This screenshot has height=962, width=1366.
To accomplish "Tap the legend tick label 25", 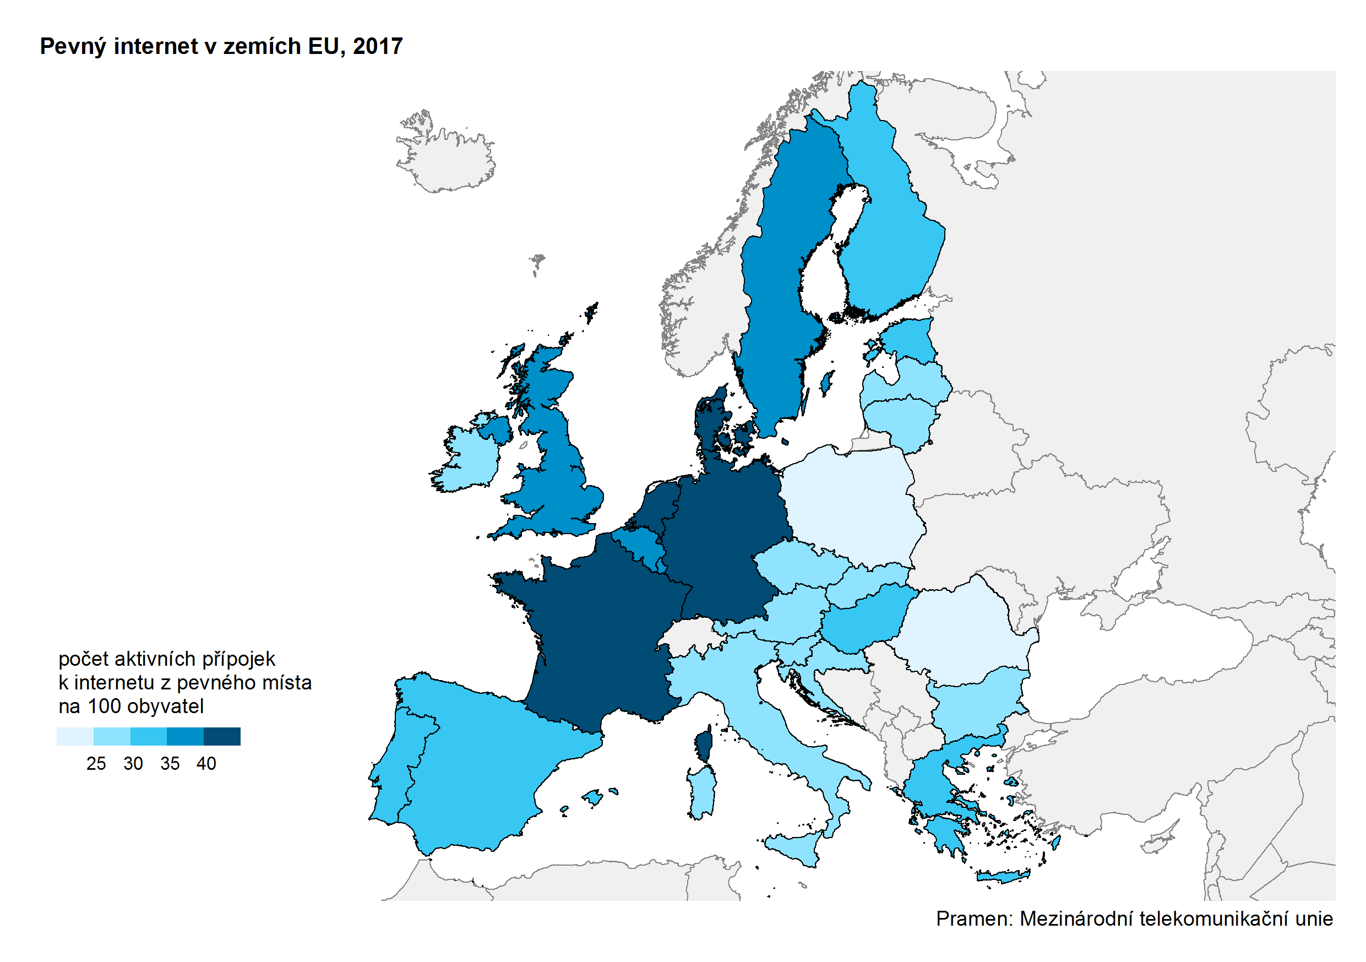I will (96, 764).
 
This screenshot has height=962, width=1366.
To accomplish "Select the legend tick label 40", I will (206, 764).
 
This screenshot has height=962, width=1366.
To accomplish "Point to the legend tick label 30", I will (133, 764).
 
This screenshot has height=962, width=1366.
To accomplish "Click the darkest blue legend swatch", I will (222, 737).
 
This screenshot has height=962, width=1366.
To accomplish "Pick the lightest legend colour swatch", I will (75, 737).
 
